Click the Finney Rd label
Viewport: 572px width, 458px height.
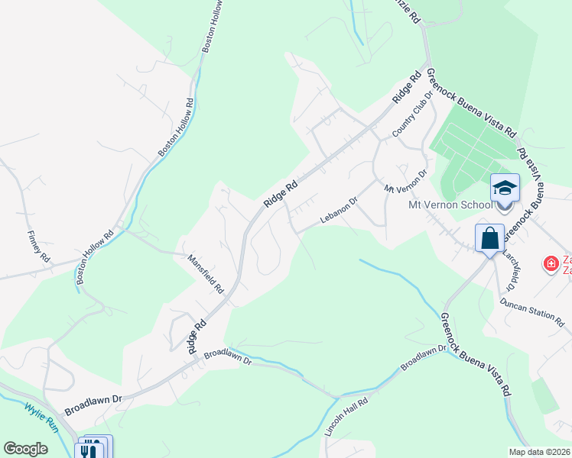37,245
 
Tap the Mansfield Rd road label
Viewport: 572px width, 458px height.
206,274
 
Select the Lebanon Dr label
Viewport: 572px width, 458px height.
339,211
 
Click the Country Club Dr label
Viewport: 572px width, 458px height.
407,121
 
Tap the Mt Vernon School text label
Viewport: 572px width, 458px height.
450,205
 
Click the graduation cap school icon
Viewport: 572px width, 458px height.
505,188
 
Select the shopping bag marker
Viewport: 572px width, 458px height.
489,238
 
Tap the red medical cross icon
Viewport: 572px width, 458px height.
550,264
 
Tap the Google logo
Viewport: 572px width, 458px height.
25,449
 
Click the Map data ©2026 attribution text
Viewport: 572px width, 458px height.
539,452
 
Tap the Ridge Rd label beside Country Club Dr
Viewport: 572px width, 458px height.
408,89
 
